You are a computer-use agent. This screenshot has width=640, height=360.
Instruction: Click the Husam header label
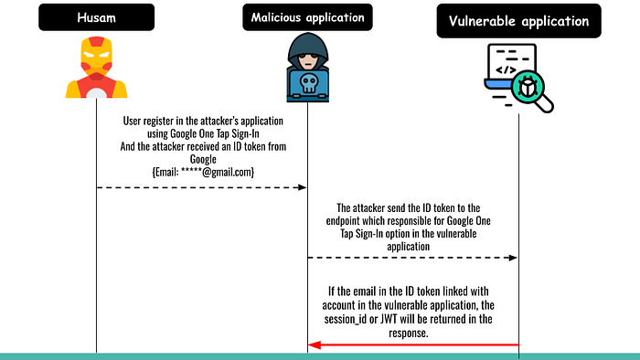click(x=96, y=17)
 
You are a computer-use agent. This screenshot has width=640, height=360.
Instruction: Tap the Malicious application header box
click(x=307, y=17)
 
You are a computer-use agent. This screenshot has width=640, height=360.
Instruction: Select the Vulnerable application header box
click(x=518, y=21)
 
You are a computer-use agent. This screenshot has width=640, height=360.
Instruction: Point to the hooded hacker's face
click(x=308, y=61)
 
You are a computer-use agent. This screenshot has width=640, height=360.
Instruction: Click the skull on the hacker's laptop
click(x=308, y=83)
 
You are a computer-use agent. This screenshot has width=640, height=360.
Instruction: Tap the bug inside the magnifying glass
click(x=528, y=87)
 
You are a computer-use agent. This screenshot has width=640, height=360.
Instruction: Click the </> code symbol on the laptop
click(x=507, y=69)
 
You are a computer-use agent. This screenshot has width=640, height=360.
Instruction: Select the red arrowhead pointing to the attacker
click(x=315, y=345)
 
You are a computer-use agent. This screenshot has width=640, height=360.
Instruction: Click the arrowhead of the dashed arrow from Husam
click(x=303, y=187)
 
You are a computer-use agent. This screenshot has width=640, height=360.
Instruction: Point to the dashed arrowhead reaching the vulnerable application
click(x=513, y=258)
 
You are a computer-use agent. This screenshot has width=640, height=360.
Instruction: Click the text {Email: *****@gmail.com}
click(x=203, y=172)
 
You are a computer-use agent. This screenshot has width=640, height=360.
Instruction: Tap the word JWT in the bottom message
click(x=389, y=319)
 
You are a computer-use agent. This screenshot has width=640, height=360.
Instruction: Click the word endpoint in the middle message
click(x=344, y=221)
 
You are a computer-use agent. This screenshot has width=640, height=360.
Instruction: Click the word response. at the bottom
click(x=408, y=334)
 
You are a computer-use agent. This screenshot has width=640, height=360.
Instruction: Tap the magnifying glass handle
click(x=545, y=104)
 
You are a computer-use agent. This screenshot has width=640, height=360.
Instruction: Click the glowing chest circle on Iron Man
click(x=96, y=93)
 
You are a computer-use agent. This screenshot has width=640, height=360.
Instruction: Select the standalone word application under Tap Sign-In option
click(x=408, y=247)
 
